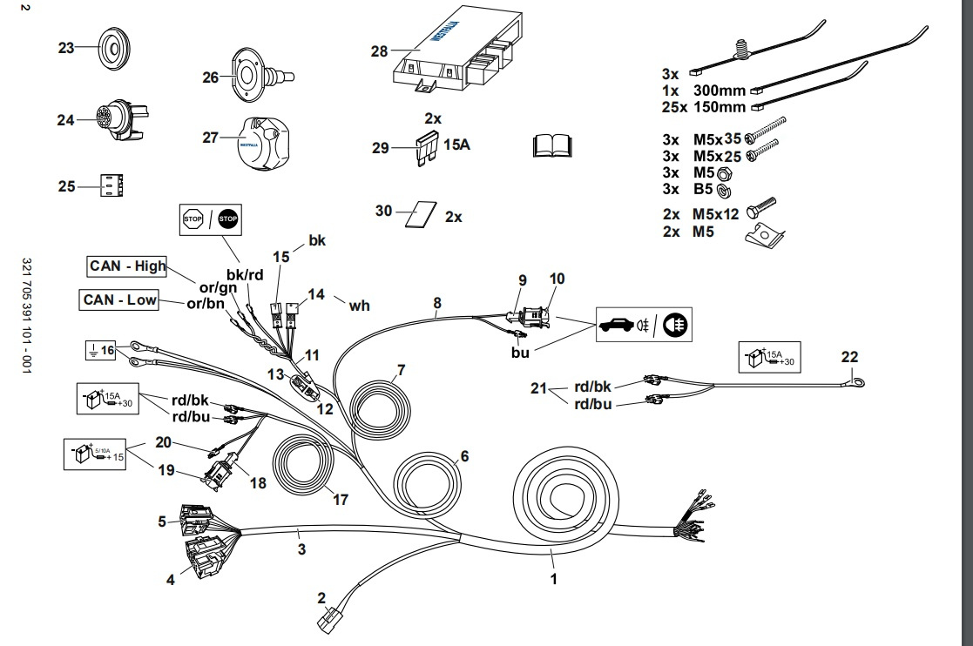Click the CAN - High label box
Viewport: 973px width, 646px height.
[127, 266]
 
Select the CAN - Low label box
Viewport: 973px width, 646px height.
[120, 300]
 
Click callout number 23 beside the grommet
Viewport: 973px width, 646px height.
[66, 48]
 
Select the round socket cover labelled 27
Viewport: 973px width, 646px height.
[261, 144]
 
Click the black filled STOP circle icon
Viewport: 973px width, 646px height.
[228, 219]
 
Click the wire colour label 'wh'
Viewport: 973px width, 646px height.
[359, 306]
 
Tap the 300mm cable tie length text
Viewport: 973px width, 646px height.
[720, 91]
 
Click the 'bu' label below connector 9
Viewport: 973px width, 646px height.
[520, 353]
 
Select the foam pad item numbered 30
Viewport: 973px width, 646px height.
[418, 214]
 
